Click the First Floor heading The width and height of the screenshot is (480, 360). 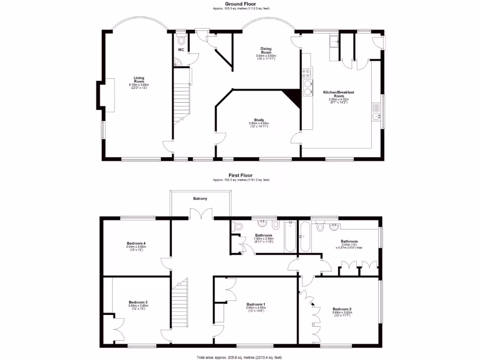tap(240, 175)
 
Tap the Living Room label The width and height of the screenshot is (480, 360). tap(139, 80)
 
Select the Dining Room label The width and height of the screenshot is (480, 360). tap(266, 50)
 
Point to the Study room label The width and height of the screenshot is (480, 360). tap(259, 120)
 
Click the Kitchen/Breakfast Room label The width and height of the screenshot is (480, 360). tap(338, 94)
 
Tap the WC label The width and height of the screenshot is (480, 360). tap(181, 50)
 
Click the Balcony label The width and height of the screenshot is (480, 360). tap(200, 199)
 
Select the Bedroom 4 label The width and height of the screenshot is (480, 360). tap(136, 243)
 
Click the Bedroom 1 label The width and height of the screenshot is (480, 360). tap(256, 304)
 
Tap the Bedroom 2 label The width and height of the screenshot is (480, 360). tap(342, 309)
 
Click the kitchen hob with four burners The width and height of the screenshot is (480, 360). tap(307, 73)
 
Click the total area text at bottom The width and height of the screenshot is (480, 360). tap(240, 357)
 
